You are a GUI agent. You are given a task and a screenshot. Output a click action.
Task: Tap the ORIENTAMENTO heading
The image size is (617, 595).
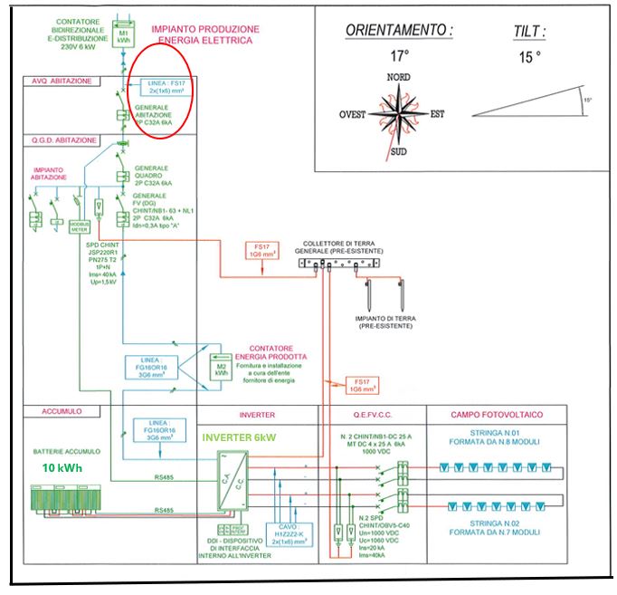pos(399,31)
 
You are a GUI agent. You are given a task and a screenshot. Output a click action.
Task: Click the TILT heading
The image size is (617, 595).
pos(529,31)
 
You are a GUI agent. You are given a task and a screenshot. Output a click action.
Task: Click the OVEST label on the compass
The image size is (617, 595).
pos(353,115)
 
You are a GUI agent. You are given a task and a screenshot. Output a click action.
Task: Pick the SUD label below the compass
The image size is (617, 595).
pos(398,151)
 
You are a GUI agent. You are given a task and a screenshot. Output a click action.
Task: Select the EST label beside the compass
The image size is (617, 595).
pos(438,115)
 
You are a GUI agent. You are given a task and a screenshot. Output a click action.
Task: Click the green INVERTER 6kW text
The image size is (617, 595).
pos(240,438)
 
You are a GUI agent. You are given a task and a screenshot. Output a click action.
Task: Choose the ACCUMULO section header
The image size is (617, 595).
pos(62,411)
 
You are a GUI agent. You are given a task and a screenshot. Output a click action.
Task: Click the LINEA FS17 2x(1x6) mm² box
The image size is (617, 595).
pos(168,86)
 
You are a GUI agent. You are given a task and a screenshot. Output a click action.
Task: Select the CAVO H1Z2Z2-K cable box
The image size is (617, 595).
pos(288,534)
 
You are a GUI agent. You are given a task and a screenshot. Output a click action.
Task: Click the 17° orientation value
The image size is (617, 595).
pos(399,55)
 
